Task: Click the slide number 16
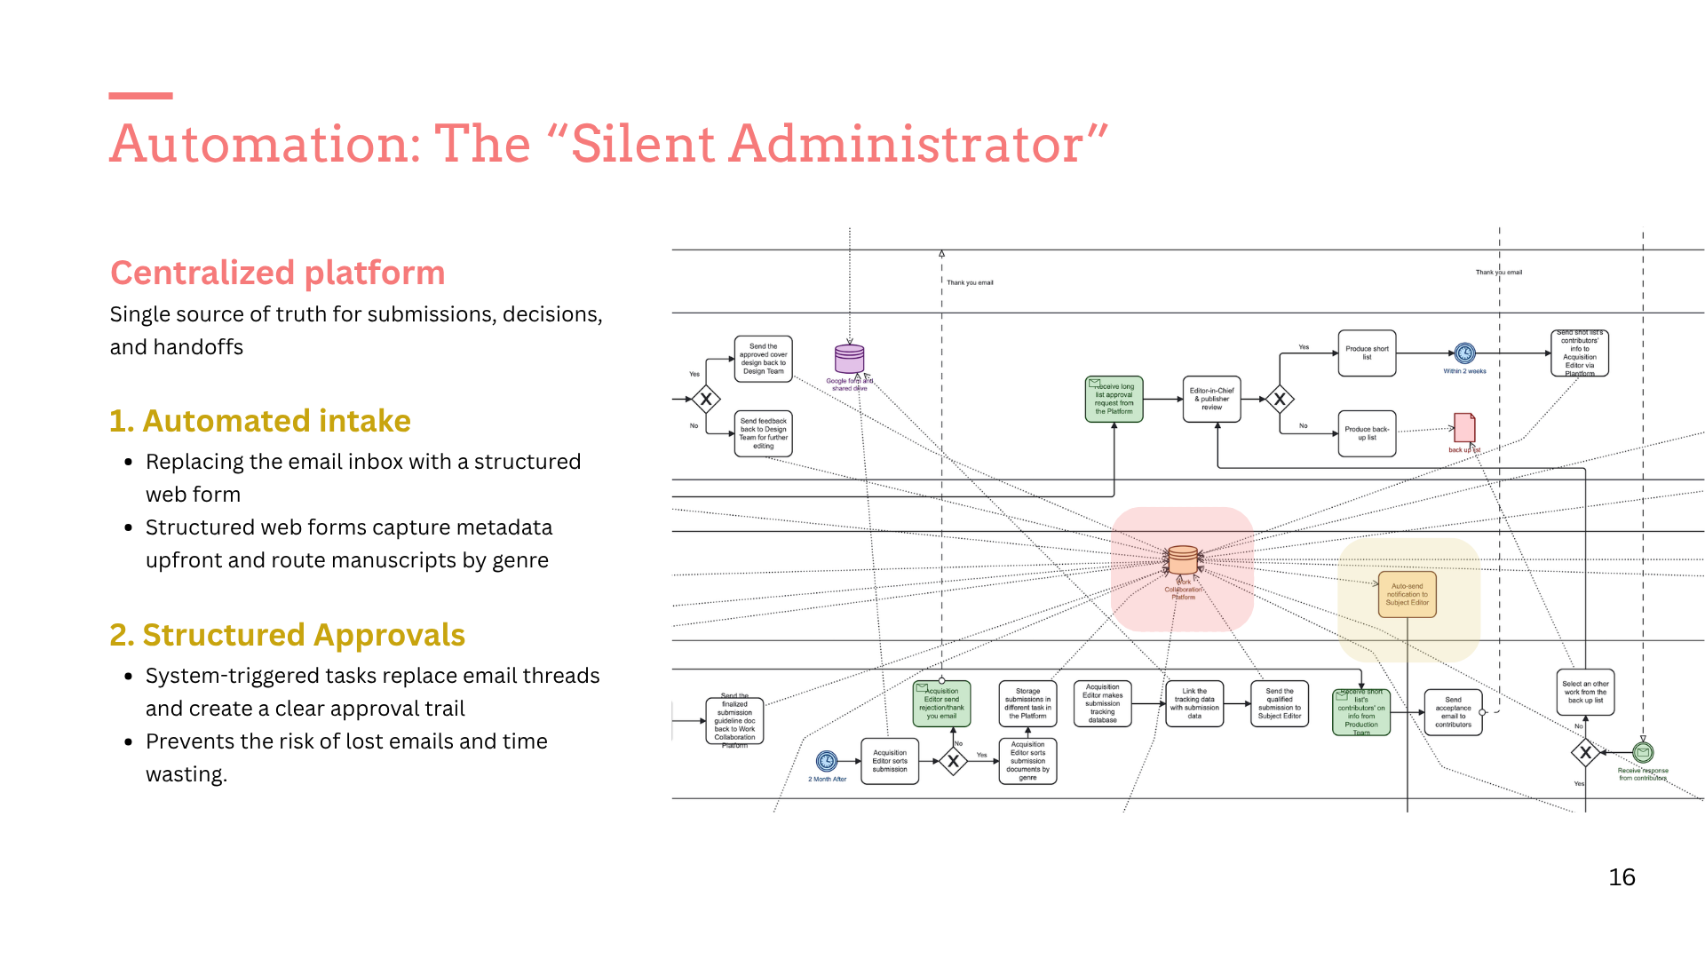tap(1622, 877)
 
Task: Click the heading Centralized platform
tap(277, 273)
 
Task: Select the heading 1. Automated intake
tap(259, 421)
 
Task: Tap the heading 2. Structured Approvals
tap(287, 635)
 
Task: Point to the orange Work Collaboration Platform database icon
tap(1183, 560)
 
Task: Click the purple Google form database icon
tap(849, 359)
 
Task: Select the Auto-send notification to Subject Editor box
tap(1407, 594)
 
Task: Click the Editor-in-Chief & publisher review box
tap(1212, 399)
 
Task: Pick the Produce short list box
tap(1367, 353)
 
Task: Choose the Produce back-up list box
tap(1367, 433)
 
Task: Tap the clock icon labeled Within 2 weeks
tap(1465, 353)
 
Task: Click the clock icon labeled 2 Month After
tap(827, 761)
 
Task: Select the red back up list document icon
tap(1464, 427)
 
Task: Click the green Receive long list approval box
tap(1114, 399)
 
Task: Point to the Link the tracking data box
tap(1194, 703)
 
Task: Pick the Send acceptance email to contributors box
tap(1453, 712)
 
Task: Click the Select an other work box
tap(1585, 692)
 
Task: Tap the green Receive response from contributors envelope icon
tap(1643, 753)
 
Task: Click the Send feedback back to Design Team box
tap(763, 433)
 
